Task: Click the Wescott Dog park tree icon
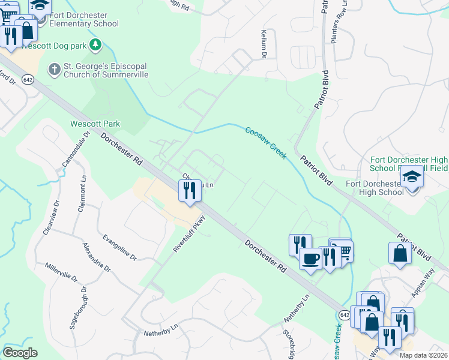tap(95, 44)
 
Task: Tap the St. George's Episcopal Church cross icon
tap(53, 69)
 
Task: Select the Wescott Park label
tap(95, 124)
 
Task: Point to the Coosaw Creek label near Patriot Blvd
tap(266, 142)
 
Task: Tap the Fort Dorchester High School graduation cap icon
tap(412, 178)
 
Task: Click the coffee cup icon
tap(310, 259)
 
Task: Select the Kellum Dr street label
tap(263, 45)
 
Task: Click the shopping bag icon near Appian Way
tap(400, 254)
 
